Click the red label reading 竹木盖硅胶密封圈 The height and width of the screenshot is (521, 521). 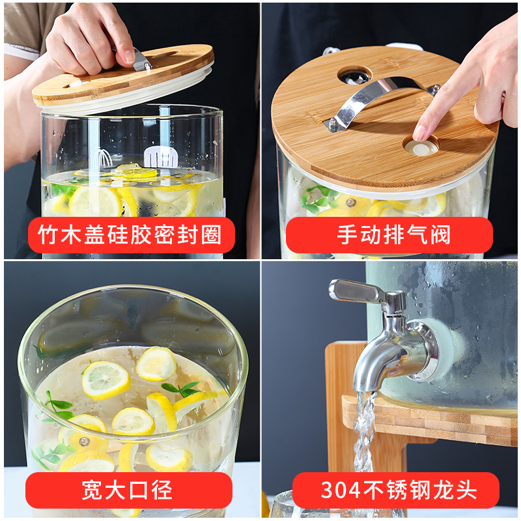(132, 234)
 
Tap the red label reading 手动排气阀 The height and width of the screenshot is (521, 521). (389, 234)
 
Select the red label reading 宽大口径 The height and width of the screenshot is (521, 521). (129, 490)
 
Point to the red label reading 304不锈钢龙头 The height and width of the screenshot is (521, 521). (396, 490)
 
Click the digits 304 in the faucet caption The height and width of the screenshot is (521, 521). (341, 490)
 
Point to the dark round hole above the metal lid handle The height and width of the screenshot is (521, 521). (354, 77)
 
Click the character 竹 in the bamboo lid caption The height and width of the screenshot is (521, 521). (48, 234)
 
